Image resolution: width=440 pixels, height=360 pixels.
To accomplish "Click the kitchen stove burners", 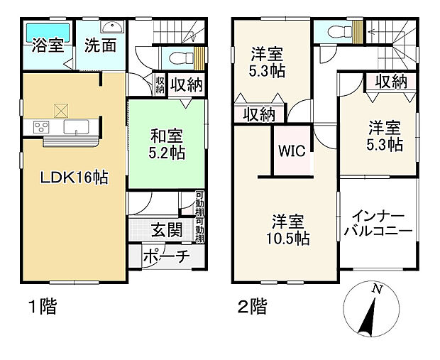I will click(x=39, y=128).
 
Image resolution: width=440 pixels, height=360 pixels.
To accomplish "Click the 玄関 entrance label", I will click(x=165, y=229).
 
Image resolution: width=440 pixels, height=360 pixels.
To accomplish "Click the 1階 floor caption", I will click(x=42, y=307).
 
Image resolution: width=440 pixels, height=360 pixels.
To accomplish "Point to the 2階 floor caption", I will click(x=252, y=307).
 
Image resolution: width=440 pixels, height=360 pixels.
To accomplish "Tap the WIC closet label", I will click(x=292, y=151).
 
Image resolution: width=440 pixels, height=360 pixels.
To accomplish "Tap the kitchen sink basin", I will click(x=75, y=128).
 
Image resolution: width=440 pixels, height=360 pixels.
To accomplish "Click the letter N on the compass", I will click(x=378, y=289).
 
